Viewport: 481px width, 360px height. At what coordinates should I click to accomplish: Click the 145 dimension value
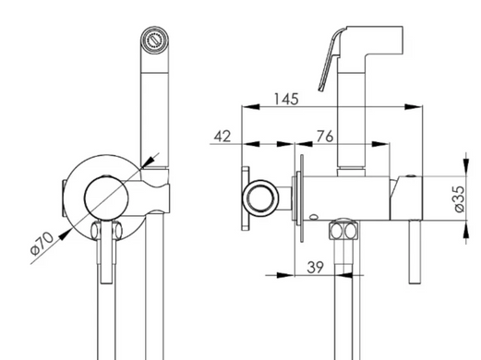click(x=286, y=99)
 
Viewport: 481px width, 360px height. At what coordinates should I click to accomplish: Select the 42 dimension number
click(x=222, y=136)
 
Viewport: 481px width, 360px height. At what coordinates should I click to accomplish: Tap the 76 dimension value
click(x=325, y=136)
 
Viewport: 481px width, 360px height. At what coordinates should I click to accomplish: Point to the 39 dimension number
click(x=316, y=267)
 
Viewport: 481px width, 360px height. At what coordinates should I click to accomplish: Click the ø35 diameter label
click(x=459, y=198)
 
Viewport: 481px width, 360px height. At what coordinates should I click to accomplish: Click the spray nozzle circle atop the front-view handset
click(x=154, y=40)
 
